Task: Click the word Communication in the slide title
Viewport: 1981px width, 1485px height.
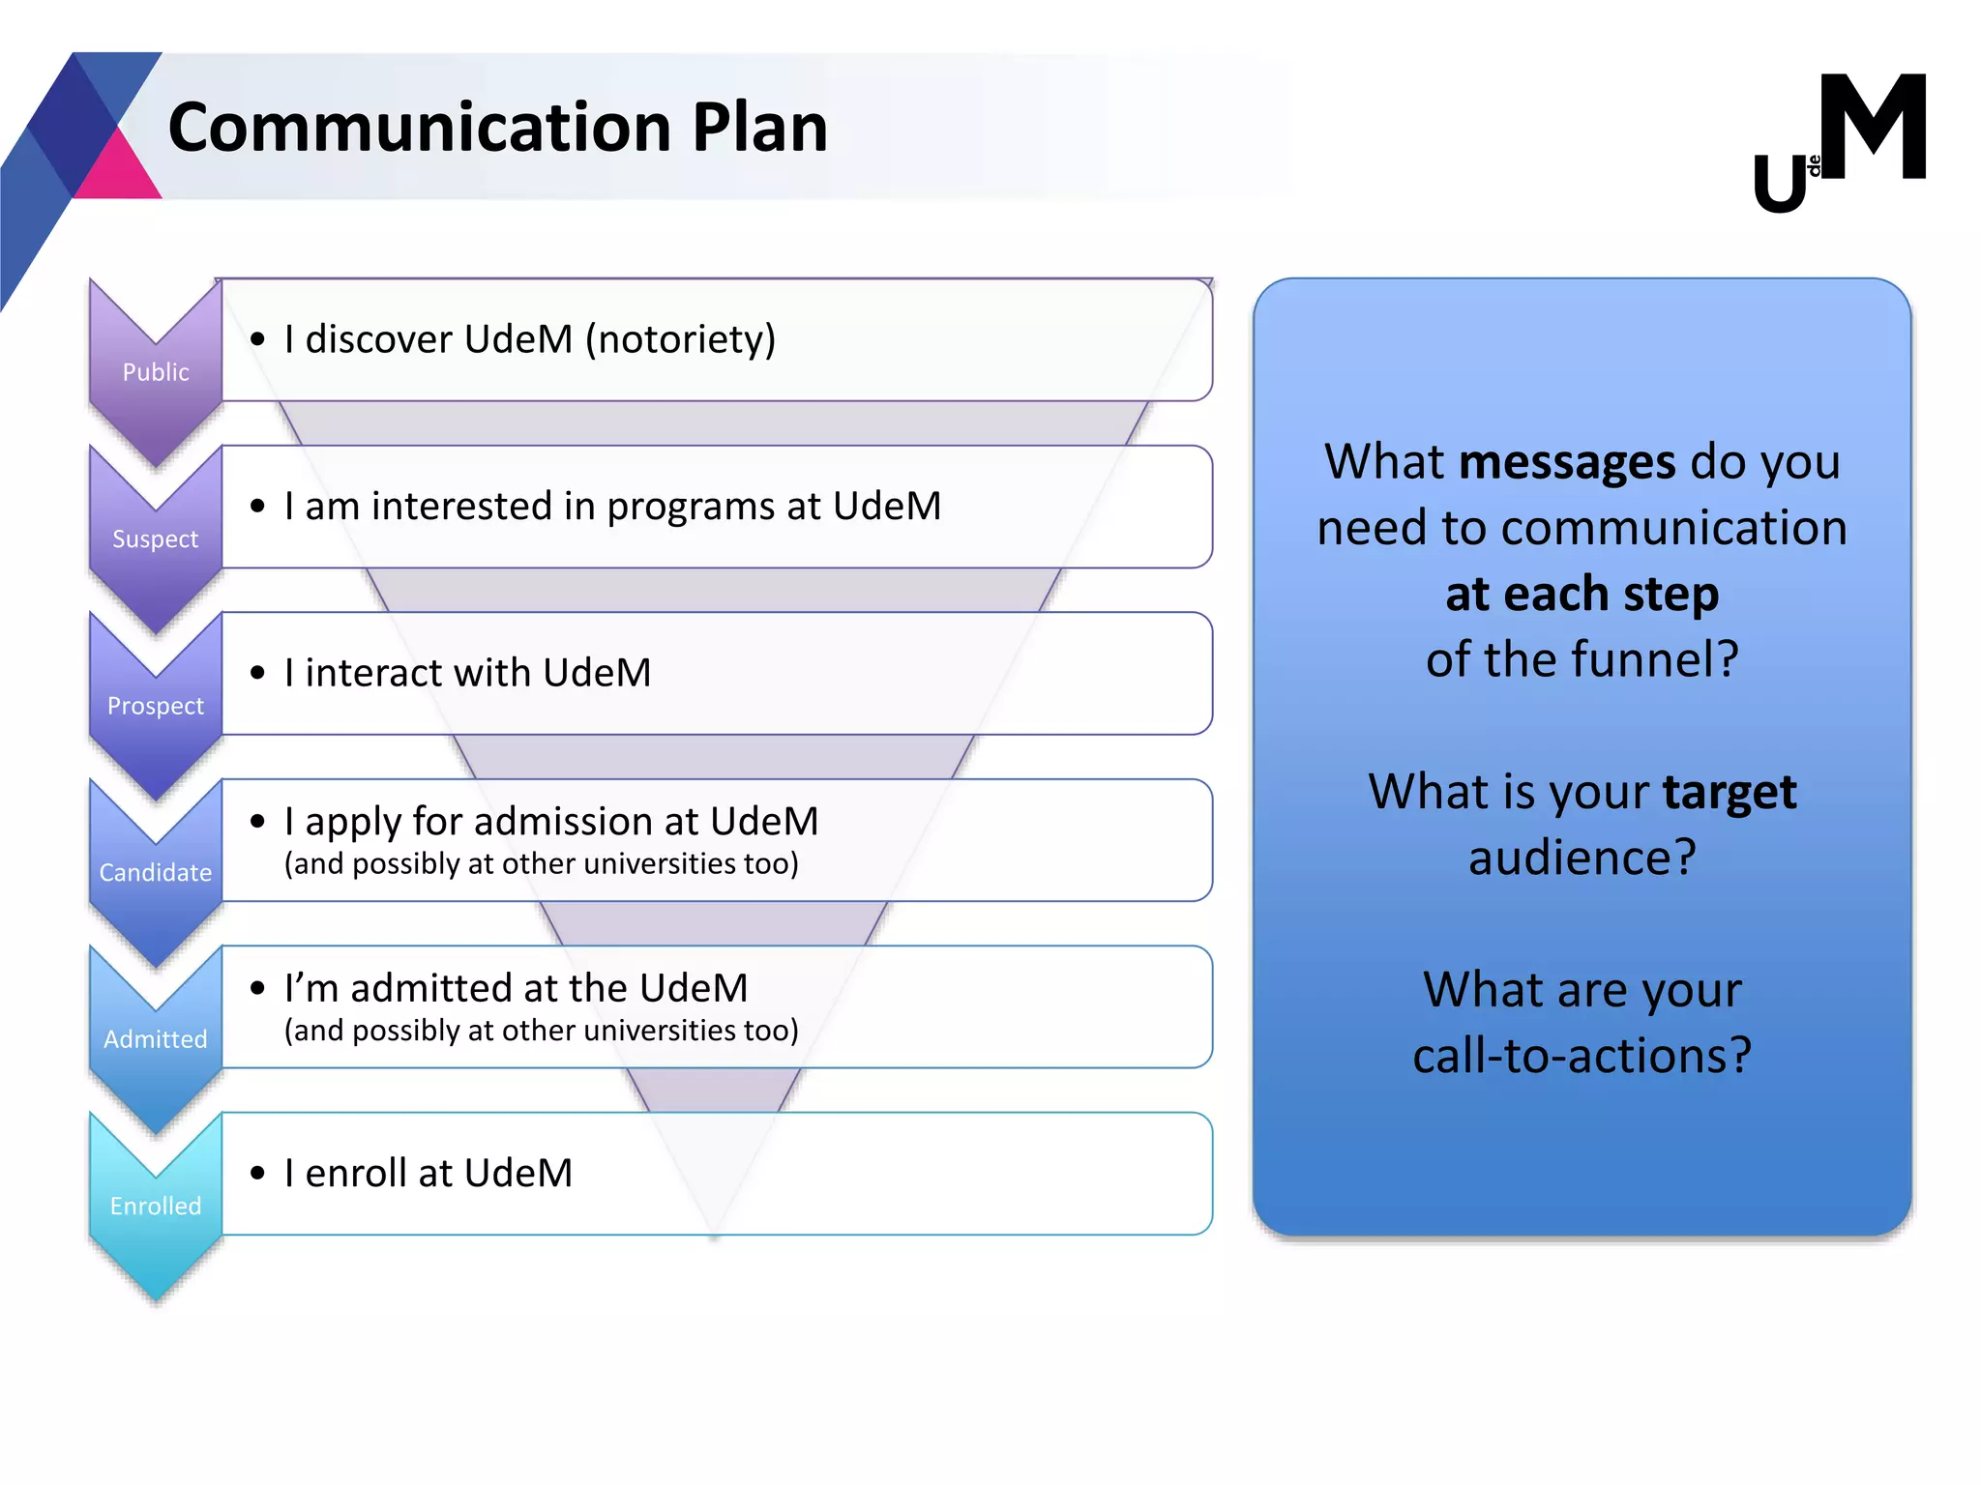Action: pyautogui.click(x=419, y=128)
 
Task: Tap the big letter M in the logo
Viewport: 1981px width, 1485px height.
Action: pyautogui.click(x=1873, y=128)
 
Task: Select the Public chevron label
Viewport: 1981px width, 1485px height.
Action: pyautogui.click(x=156, y=372)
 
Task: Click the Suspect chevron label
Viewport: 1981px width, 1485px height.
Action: pyautogui.click(x=156, y=539)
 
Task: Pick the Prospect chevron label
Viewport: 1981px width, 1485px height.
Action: pyautogui.click(x=156, y=706)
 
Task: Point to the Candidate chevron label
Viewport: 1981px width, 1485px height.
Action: pyautogui.click(x=156, y=873)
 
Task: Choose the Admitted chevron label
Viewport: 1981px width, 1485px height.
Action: pyautogui.click(x=156, y=1039)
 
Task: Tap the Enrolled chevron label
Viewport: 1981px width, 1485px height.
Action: pyautogui.click(x=156, y=1207)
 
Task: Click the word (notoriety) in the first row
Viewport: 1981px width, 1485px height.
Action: pyautogui.click(x=681, y=340)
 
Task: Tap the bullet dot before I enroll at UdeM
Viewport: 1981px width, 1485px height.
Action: pyautogui.click(x=257, y=1174)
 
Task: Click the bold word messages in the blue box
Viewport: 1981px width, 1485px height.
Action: pyautogui.click(x=1567, y=462)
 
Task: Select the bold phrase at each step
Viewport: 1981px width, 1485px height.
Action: pyautogui.click(x=1582, y=594)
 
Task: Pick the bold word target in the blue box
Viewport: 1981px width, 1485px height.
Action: pyautogui.click(x=1730, y=792)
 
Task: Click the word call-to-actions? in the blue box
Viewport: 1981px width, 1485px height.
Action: pyautogui.click(x=1582, y=1056)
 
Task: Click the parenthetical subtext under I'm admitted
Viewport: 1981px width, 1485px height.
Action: pyautogui.click(x=541, y=1031)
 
